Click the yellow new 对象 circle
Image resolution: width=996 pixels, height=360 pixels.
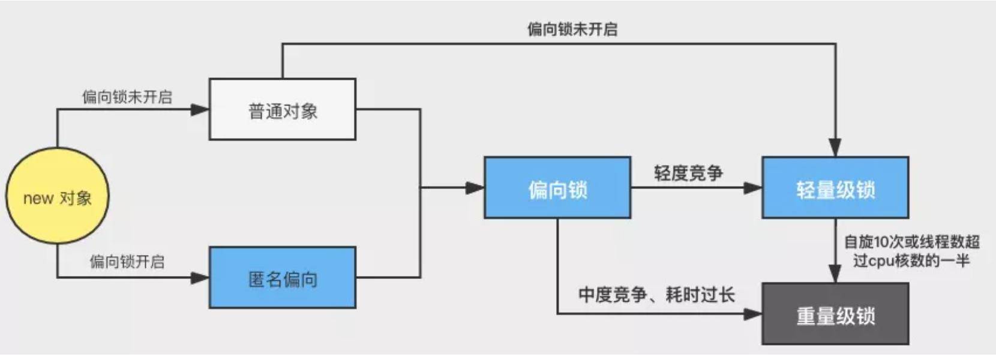(57, 196)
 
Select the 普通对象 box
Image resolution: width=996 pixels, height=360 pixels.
(282, 110)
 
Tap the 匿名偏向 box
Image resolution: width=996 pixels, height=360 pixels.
(282, 278)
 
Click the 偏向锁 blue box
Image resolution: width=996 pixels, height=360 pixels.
(557, 188)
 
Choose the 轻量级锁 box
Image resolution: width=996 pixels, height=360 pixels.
(835, 188)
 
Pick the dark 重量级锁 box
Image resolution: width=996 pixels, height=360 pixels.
(835, 314)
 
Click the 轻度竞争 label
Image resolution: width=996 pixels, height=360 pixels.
(688, 173)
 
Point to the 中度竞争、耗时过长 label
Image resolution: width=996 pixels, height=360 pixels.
(656, 295)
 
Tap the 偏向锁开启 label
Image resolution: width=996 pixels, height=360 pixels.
(127, 262)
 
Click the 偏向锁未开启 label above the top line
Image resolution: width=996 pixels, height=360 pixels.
(572, 29)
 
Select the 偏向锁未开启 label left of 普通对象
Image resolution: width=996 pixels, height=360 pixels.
(127, 97)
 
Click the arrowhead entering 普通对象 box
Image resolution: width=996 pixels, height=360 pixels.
(200, 110)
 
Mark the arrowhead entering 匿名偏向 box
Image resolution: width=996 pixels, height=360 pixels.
(200, 278)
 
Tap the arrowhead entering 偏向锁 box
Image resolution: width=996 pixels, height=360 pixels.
(475, 188)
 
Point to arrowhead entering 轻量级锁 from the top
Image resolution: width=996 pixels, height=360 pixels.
(835, 148)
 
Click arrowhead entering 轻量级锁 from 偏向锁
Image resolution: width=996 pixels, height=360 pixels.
(753, 188)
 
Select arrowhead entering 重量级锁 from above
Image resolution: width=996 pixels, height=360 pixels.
(835, 274)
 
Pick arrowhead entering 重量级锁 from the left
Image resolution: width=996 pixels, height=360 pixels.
(753, 314)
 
